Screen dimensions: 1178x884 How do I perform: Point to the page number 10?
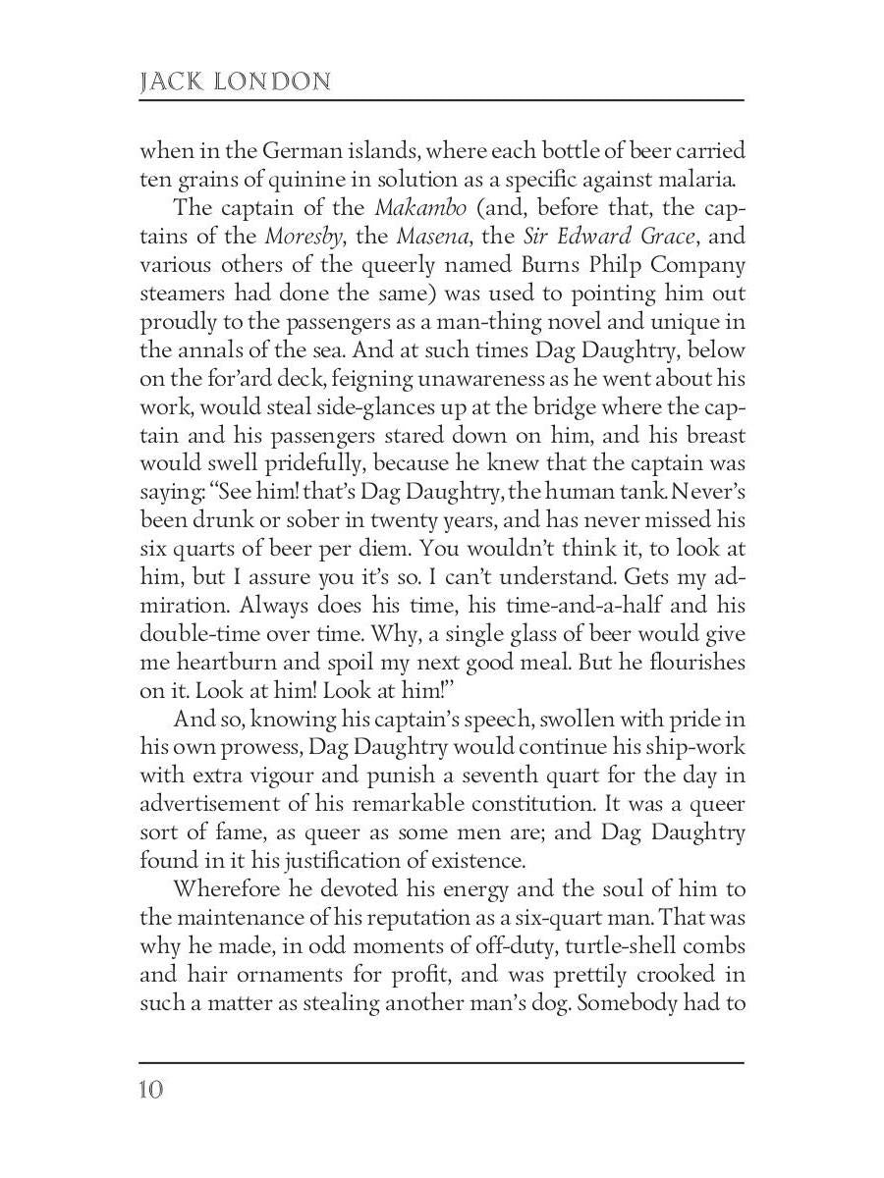152,1091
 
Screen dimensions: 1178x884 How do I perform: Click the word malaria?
698,180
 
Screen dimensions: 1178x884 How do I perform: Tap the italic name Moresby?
301,237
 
